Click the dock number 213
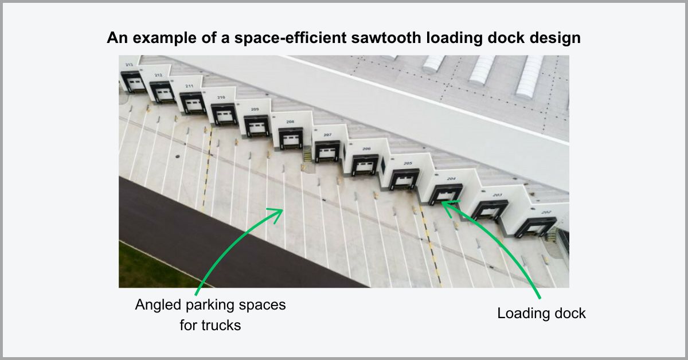129,65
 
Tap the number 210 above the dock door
221,97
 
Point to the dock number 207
327,135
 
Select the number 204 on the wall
451,179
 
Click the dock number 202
546,212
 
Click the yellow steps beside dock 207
308,156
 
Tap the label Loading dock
541,314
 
